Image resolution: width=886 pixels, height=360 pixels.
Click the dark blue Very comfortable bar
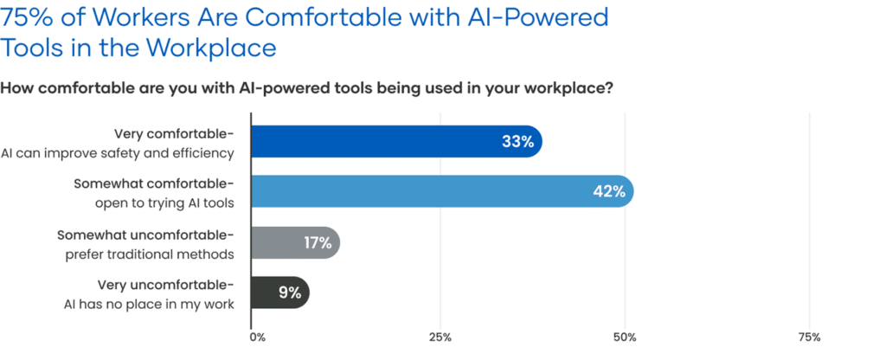click(x=372, y=142)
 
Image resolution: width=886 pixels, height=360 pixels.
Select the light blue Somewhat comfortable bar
click(x=415, y=191)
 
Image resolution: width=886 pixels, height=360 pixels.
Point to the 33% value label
click(x=517, y=142)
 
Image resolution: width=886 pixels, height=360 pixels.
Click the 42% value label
click(x=609, y=192)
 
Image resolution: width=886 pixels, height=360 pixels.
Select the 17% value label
click(x=318, y=243)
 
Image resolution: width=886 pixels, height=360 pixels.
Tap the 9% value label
click(x=290, y=293)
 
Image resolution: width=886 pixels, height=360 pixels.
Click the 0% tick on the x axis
click(x=257, y=337)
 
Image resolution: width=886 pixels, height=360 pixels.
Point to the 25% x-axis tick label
click(x=440, y=337)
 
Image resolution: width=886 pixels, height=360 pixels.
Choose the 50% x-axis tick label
click(x=625, y=337)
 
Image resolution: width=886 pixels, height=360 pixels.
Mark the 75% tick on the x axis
click(x=808, y=337)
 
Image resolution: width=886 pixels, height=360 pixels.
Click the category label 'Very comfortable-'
click(x=174, y=134)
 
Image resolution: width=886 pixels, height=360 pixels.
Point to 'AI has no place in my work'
click(x=149, y=304)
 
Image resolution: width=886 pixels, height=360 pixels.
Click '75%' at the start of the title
click(x=30, y=16)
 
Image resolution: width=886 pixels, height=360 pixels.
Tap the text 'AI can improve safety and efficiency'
click(x=119, y=153)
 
